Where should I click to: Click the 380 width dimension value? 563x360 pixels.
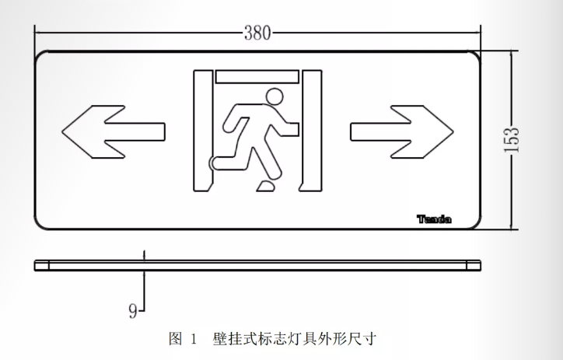click(x=257, y=33)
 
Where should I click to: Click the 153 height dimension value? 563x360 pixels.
click(x=512, y=140)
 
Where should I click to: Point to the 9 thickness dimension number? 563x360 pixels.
click(x=133, y=311)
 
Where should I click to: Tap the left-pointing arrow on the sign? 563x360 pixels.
click(x=114, y=131)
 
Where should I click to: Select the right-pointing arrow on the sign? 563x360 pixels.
click(x=402, y=131)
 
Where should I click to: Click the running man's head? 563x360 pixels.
click(x=275, y=97)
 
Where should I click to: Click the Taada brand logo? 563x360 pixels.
click(x=434, y=219)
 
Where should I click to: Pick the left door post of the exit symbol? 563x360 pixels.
click(x=203, y=131)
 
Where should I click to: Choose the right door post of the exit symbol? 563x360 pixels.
click(x=311, y=131)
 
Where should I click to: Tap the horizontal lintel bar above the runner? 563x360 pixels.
click(x=257, y=77)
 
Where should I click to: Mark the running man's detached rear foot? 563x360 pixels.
click(x=266, y=186)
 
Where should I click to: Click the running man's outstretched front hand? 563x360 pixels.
click(x=293, y=129)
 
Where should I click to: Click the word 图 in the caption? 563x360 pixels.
click(x=176, y=338)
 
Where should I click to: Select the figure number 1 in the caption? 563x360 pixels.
click(x=194, y=339)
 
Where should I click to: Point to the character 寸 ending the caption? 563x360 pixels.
click(x=369, y=338)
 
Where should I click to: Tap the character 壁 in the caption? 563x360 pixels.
click(x=220, y=338)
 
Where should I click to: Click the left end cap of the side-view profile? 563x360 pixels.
click(x=42, y=266)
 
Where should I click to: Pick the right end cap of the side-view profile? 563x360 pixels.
click(x=474, y=266)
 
